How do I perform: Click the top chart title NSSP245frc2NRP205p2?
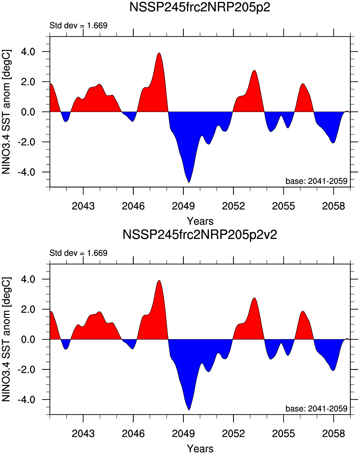[x=200, y=7]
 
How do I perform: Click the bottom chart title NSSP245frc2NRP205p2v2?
[x=200, y=235]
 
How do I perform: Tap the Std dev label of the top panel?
[x=79, y=26]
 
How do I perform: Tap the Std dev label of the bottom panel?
[x=79, y=253]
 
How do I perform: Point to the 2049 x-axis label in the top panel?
[x=183, y=206]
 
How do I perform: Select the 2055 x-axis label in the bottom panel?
[x=283, y=433]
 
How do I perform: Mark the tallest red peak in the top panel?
[x=159, y=54]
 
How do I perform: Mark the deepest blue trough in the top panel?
[x=189, y=181]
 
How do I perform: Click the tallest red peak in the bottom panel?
[x=159, y=282]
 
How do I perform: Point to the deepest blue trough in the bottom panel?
[x=189, y=409]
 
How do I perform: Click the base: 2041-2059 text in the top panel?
[x=316, y=181]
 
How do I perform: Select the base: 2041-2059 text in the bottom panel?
[x=316, y=409]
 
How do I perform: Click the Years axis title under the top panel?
[x=200, y=221]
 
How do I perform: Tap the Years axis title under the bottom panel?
[x=200, y=449]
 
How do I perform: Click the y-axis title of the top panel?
[x=6, y=112]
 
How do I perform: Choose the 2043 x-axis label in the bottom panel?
[x=83, y=433]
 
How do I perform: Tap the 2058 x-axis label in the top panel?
[x=333, y=206]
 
